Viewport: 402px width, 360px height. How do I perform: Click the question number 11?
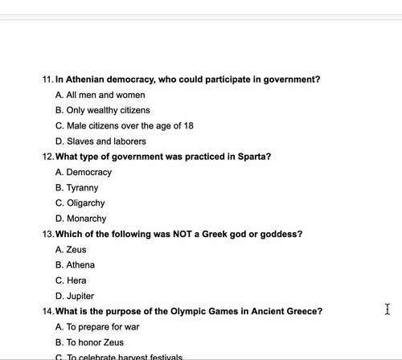coord(47,80)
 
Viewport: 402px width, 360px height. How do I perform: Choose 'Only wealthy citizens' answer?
coord(102,110)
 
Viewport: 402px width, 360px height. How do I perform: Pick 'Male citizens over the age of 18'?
coord(124,125)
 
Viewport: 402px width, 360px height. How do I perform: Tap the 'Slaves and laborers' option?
coord(100,141)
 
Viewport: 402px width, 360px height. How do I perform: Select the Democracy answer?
coord(88,172)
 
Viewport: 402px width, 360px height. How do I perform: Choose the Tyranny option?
coord(83,187)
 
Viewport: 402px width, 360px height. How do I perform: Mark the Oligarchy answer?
coord(85,203)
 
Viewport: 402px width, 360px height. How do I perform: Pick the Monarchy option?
coord(86,219)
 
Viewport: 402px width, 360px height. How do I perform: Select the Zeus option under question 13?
coord(76,249)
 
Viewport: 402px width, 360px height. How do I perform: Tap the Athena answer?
coord(80,264)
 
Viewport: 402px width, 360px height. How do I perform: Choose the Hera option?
coord(76,280)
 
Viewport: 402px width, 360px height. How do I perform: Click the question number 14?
coord(47,311)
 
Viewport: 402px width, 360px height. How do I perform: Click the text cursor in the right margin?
coord(388,309)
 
